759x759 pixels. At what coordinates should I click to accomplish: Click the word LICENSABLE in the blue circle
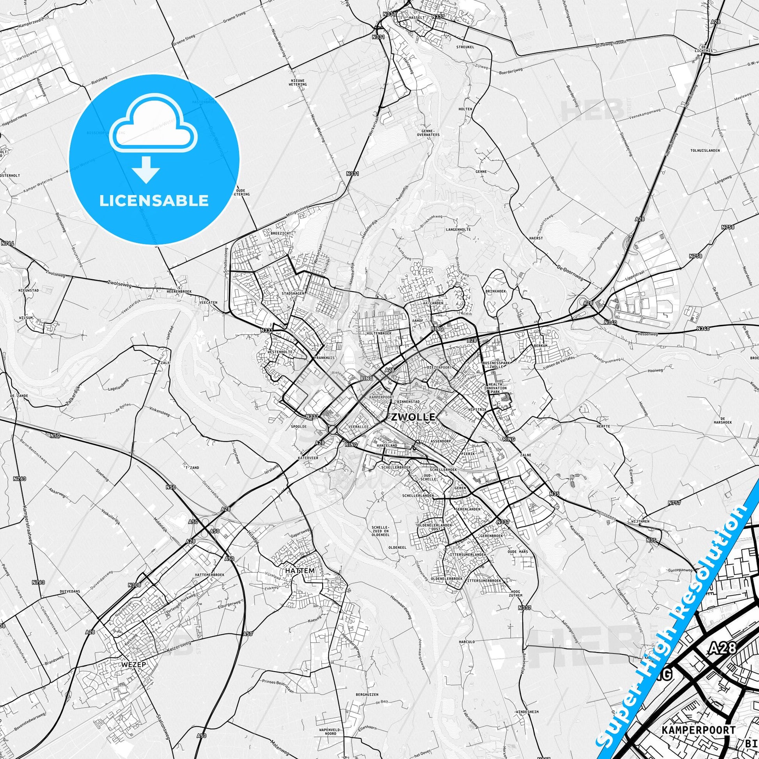(x=154, y=201)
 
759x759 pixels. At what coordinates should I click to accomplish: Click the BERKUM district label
(x=541, y=346)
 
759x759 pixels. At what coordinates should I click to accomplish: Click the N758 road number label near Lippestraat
(x=695, y=256)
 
